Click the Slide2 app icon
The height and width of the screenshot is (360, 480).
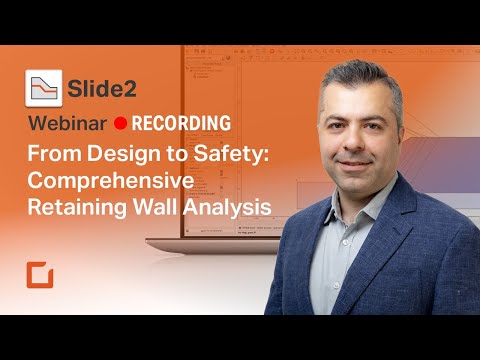[44, 88]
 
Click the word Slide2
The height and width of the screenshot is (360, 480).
[104, 88]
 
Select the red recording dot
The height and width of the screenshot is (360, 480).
[120, 124]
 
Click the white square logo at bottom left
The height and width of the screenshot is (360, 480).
[41, 277]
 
